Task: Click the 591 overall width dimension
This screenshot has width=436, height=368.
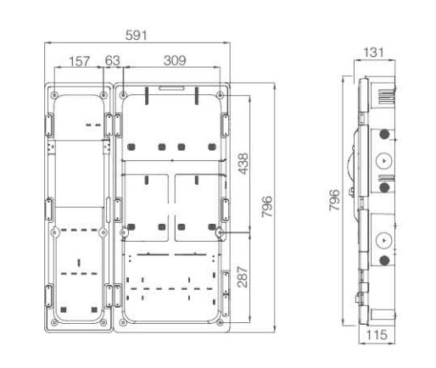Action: pos(137,36)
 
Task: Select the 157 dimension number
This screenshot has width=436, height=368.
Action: pos(80,61)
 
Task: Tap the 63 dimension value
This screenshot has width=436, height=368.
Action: pos(113,60)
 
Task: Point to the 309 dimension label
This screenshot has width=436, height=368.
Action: pos(175,60)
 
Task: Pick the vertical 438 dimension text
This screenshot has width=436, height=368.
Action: pos(243,164)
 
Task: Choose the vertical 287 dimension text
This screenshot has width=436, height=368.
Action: pos(243,276)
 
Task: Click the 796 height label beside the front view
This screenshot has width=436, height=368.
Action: pos(267,207)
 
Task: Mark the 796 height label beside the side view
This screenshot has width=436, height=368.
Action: pos(334,200)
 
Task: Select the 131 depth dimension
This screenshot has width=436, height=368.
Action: pos(374,53)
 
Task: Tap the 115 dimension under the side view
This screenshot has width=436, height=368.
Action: pos(377,335)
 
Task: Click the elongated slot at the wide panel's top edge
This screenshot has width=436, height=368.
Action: pos(171,88)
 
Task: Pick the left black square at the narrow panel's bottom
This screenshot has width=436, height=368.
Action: pos(64,309)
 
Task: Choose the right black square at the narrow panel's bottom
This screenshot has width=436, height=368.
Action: pos(94,309)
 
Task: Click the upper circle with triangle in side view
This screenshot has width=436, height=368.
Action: pos(383,160)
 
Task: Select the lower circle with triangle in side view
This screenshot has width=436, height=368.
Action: pos(383,241)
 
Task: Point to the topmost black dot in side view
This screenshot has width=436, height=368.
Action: pos(384,134)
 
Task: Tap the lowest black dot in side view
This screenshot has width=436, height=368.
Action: pos(384,260)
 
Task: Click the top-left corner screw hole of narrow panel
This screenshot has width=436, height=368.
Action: pos(54,95)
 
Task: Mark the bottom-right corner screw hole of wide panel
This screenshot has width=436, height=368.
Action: pos(221,322)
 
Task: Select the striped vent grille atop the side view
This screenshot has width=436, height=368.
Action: pos(386,97)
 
